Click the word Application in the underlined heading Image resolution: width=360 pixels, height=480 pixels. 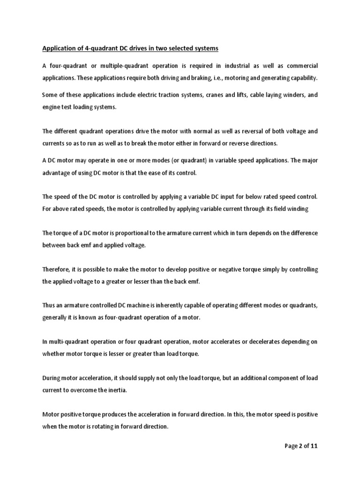click(58, 48)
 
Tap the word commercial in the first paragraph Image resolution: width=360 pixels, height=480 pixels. click(300, 65)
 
